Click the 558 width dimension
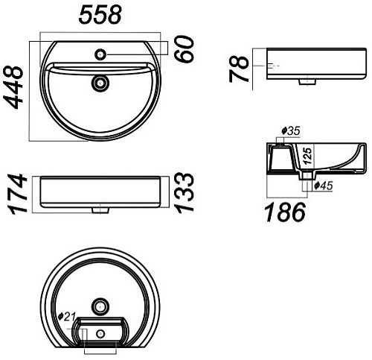click(100, 15)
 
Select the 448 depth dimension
click(13, 87)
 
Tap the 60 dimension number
click(184, 48)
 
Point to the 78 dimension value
click(239, 69)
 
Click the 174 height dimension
click(17, 194)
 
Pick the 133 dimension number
click(184, 192)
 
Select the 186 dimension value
click(286, 212)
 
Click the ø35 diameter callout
click(291, 131)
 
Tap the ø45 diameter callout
click(323, 186)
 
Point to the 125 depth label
click(307, 156)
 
